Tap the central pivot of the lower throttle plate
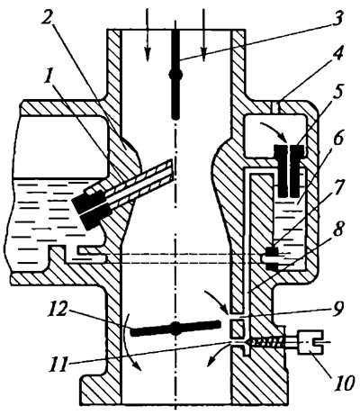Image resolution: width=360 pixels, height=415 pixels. pyautogui.click(x=176, y=328)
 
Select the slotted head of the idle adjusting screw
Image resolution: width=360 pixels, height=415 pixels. pyautogui.click(x=310, y=342)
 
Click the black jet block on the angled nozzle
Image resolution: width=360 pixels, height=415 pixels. pyautogui.click(x=91, y=207)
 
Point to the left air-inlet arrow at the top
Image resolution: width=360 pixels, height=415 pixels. pyautogui.click(x=147, y=34)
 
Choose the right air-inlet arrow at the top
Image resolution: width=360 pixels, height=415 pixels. pyautogui.click(x=203, y=34)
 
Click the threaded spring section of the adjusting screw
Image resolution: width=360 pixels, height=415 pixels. pyautogui.click(x=266, y=342)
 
